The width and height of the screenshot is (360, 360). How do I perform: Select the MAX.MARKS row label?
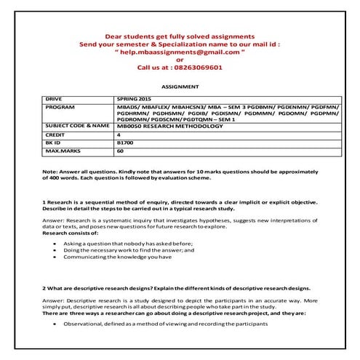pos(62,151)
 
